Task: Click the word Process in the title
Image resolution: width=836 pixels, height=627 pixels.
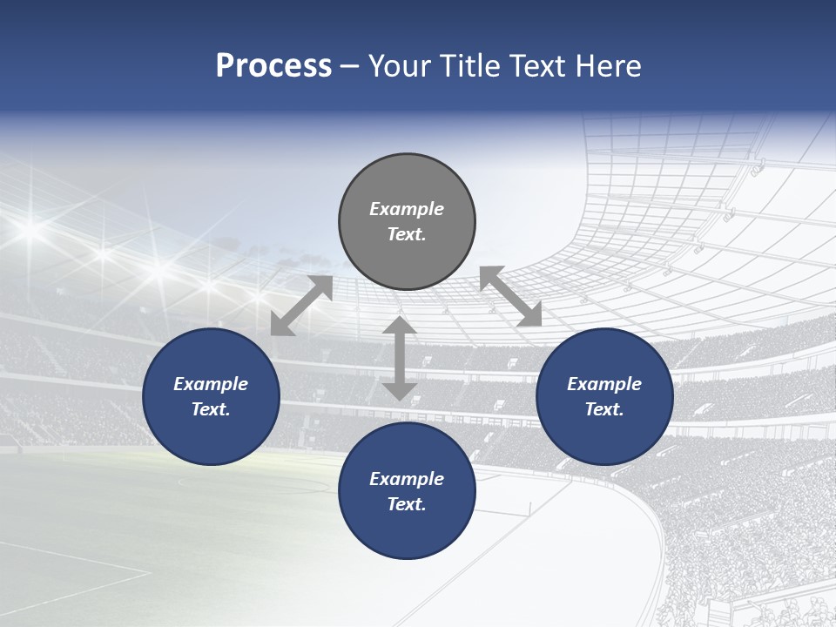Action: (x=273, y=66)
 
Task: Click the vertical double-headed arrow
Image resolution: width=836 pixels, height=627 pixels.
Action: (x=400, y=358)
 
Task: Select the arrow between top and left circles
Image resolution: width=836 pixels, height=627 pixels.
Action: (x=301, y=305)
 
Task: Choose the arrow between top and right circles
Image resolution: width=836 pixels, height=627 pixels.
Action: (x=511, y=296)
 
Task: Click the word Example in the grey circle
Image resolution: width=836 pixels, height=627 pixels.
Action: (x=407, y=209)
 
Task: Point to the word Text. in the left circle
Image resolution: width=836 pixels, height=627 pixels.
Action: (x=211, y=409)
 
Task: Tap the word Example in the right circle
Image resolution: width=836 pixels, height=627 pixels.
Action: (x=604, y=384)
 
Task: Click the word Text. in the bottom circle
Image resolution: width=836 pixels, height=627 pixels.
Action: (x=407, y=504)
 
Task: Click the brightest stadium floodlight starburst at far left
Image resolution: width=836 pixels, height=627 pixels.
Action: (x=31, y=229)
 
